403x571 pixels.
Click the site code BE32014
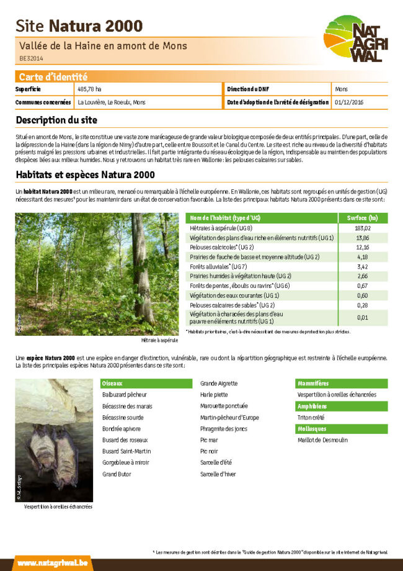point(31,58)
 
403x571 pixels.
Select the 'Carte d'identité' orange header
point(53,77)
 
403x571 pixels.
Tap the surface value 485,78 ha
point(89,89)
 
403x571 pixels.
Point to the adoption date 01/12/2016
point(349,102)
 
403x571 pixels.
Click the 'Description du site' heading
point(56,120)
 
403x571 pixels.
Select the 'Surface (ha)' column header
point(363,218)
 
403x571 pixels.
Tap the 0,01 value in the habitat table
point(362,318)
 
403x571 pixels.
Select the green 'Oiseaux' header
point(113,384)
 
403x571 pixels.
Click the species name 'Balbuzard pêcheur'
point(125,395)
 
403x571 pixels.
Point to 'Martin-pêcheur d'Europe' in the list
point(229,417)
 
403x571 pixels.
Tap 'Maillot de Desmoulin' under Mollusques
point(322,440)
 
